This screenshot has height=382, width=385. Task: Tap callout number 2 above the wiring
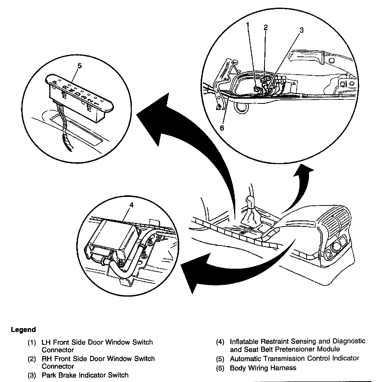[266, 27]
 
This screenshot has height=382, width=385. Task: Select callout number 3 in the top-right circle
[301, 30]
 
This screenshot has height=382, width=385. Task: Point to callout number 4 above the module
[131, 205]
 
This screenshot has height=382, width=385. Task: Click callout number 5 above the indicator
[80, 66]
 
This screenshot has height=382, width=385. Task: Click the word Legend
[23, 330]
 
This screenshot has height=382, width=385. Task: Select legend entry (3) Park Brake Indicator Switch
[85, 375]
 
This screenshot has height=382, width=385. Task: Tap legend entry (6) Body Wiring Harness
[263, 368]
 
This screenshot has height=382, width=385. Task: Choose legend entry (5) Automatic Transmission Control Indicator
[294, 358]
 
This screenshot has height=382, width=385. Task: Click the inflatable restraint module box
[114, 235]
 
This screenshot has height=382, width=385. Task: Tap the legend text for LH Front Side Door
[97, 342]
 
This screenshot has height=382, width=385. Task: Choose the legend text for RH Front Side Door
[98, 358]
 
